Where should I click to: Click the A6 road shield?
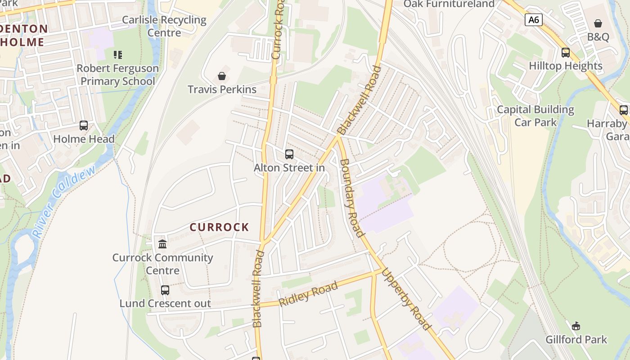533,20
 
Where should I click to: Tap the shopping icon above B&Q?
598,23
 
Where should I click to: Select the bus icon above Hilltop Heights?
566,53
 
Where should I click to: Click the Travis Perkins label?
222,89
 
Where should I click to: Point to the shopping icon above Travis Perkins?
221,76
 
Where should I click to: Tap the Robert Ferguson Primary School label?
117,75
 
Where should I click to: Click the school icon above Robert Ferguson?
117,55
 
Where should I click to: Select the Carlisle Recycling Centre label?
164,26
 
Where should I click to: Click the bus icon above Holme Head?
84,126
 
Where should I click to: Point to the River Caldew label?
64,201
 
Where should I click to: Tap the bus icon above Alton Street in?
289,154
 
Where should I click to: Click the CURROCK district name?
219,227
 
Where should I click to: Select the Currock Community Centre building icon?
162,244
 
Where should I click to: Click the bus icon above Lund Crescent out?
165,290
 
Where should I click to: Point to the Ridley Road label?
308,294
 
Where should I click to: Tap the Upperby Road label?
407,299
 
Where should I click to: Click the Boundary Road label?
351,198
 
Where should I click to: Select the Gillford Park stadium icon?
576,326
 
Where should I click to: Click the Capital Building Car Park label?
535,116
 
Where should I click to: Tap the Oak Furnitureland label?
449,4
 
